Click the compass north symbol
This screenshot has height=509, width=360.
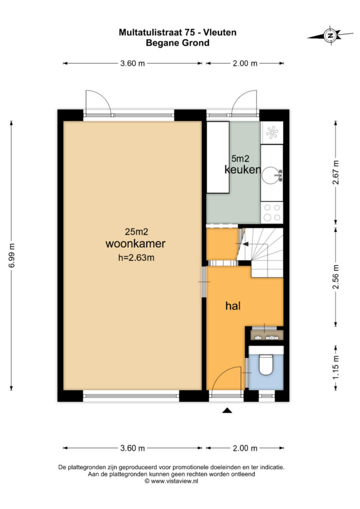click(331, 35)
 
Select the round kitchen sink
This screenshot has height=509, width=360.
click(270, 175)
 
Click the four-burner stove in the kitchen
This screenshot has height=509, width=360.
click(271, 212)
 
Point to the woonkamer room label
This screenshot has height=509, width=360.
click(135, 244)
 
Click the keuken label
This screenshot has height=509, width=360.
click(243, 169)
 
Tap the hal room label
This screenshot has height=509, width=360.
click(233, 306)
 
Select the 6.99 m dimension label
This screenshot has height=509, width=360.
click(12, 255)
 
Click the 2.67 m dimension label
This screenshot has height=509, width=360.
click(336, 172)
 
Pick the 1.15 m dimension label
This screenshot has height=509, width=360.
click(336, 367)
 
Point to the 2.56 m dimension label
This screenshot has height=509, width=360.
click(336, 276)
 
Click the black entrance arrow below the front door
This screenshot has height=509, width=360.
click(227, 411)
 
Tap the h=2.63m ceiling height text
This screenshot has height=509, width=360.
click(136, 258)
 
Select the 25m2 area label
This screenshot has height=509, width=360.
click(136, 232)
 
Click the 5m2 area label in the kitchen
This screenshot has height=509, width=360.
click(240, 159)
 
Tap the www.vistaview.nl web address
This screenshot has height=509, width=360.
click(175, 481)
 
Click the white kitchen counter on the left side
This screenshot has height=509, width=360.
click(218, 157)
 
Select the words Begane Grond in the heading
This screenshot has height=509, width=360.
click(178, 43)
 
